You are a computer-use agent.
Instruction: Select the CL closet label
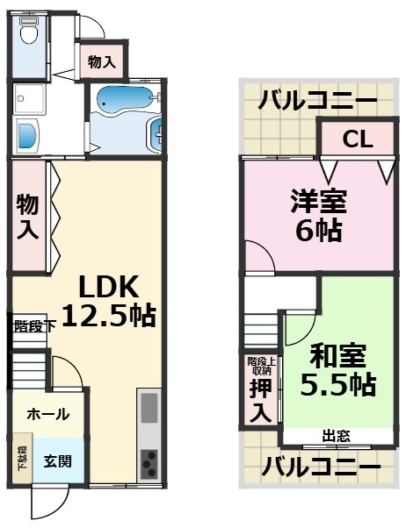(355, 139)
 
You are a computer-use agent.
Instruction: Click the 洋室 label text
(319, 202)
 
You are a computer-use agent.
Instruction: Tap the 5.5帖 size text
(339, 384)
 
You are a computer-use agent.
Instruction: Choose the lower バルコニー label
(321, 466)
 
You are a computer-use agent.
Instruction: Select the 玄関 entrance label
(58, 460)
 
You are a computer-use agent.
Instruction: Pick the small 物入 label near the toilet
(102, 61)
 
